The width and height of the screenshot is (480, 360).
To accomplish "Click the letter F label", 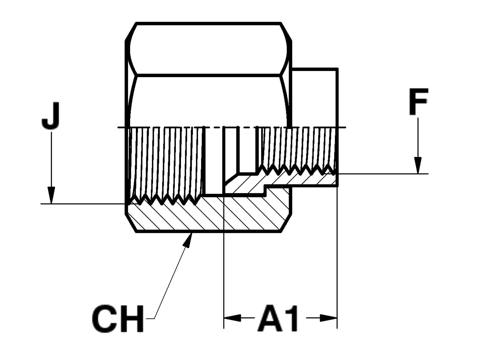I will [x=418, y=101].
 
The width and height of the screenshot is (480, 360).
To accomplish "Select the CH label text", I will [x=118, y=319].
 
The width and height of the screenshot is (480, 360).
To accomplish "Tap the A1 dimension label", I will [x=278, y=319].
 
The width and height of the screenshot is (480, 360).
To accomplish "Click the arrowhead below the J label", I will [x=52, y=195].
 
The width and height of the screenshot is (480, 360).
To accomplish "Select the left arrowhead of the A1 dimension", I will [x=233, y=318].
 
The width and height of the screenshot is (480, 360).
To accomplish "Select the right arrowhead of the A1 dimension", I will [x=328, y=318].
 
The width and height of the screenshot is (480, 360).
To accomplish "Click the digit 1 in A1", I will [x=290, y=319].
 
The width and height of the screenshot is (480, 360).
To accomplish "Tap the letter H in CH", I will [x=131, y=319].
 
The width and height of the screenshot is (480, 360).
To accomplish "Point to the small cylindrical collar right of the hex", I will [x=315, y=96].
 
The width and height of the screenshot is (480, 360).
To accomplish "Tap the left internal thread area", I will [x=166, y=162].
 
